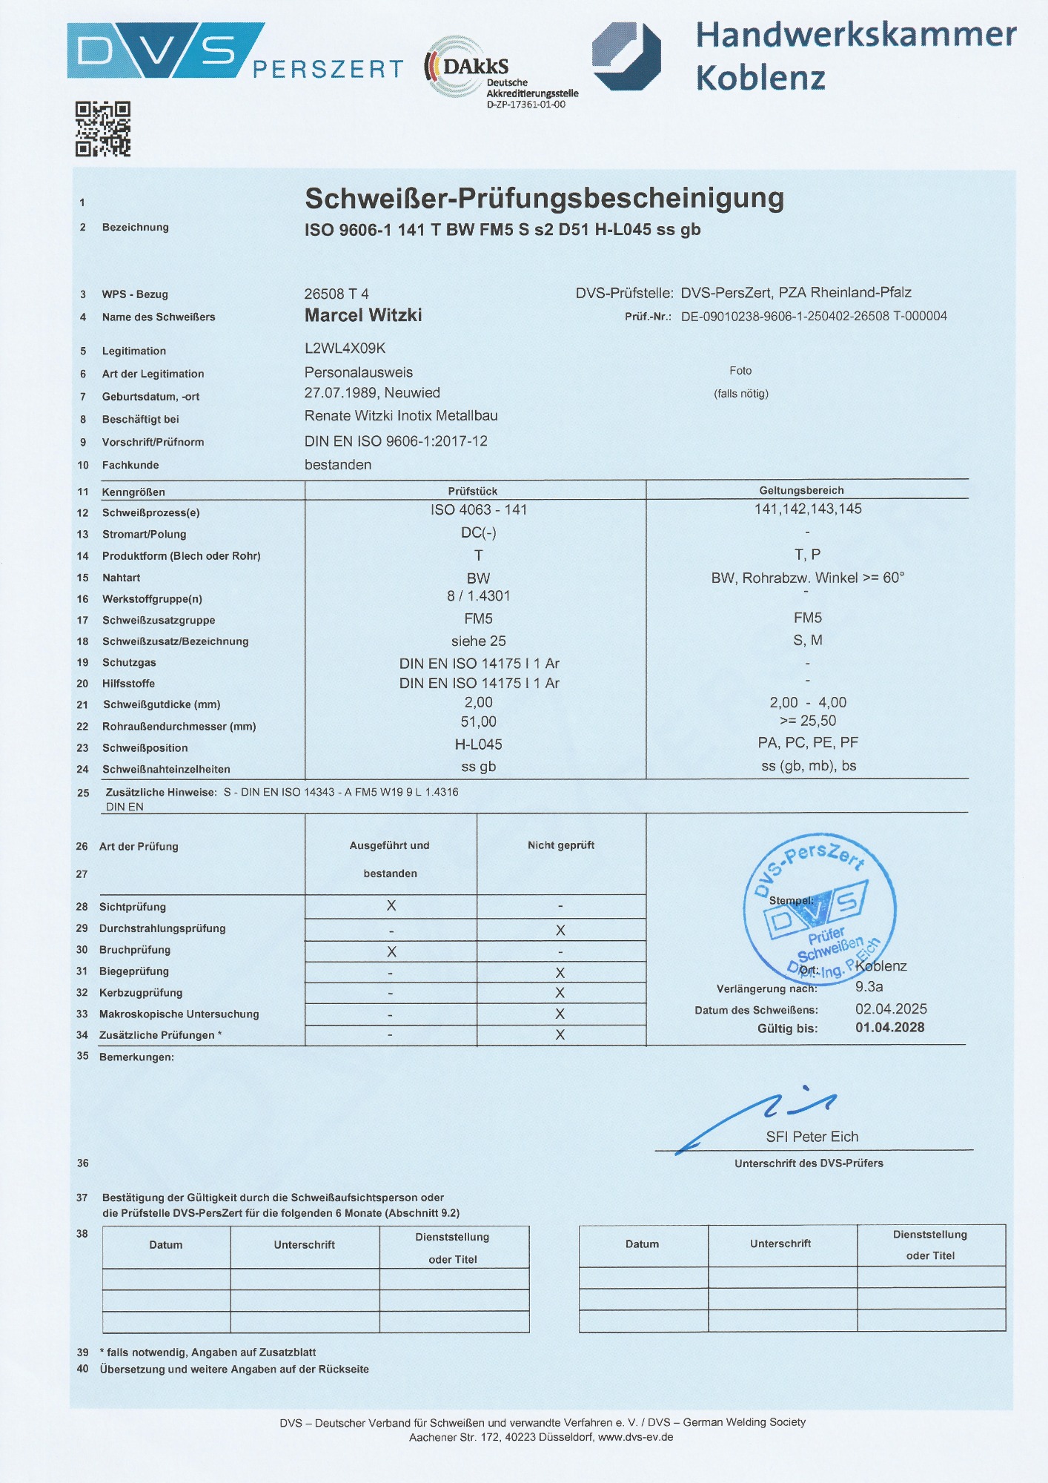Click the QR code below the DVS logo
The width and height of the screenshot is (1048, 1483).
coord(103,129)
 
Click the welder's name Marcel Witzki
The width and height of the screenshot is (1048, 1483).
coord(363,315)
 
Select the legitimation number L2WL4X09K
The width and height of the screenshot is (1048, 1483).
coord(345,348)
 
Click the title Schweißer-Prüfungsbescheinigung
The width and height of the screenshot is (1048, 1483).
coord(544,199)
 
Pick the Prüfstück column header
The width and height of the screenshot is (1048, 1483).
coord(473,491)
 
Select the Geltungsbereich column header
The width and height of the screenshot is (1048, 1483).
coord(801,490)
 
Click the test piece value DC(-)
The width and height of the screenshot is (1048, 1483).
coord(478,532)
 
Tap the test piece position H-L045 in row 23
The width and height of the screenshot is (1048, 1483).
coord(478,744)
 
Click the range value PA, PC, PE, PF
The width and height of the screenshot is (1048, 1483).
coord(808,742)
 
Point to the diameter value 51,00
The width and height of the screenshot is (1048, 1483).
coord(478,721)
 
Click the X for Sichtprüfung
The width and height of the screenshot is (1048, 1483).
coord(391,905)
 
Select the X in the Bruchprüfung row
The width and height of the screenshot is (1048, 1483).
coord(391,951)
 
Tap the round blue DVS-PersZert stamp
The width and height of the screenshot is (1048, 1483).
coord(819,908)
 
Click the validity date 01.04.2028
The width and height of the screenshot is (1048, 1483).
coord(889,1028)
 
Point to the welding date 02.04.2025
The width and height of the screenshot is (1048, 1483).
coord(891,1008)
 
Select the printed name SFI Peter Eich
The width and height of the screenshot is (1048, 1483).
coord(812,1137)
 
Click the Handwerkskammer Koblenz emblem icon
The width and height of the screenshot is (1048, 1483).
coord(626,56)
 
